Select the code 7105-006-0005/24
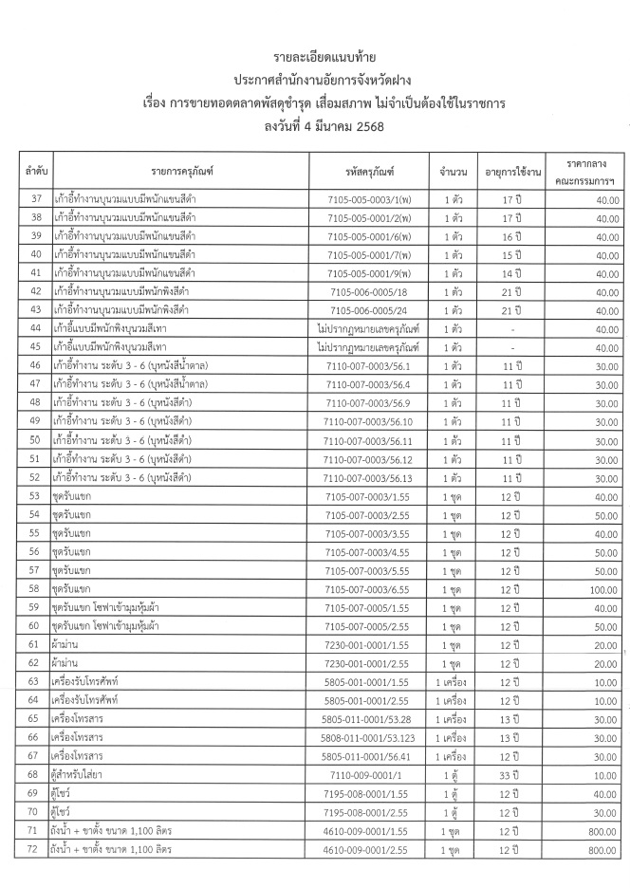pyautogui.click(x=369, y=310)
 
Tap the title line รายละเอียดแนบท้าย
pyautogui.click(x=315, y=59)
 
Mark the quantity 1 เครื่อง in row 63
pyautogui.click(x=453, y=682)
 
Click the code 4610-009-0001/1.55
pyautogui.click(x=369, y=830)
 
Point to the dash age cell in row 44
pyautogui.click(x=513, y=329)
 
